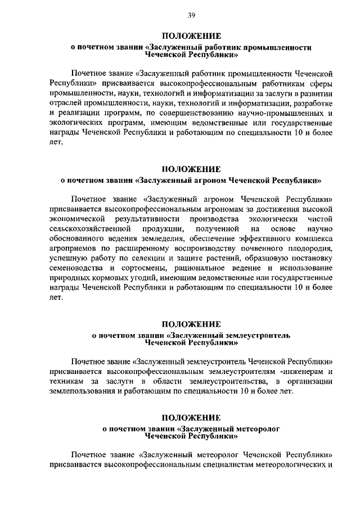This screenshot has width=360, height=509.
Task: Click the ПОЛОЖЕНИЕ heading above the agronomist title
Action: click(x=191, y=169)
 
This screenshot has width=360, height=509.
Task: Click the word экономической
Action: click(x=78, y=219)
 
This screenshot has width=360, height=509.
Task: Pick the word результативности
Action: click(x=163, y=219)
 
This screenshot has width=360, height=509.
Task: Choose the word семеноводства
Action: click(x=76, y=270)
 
